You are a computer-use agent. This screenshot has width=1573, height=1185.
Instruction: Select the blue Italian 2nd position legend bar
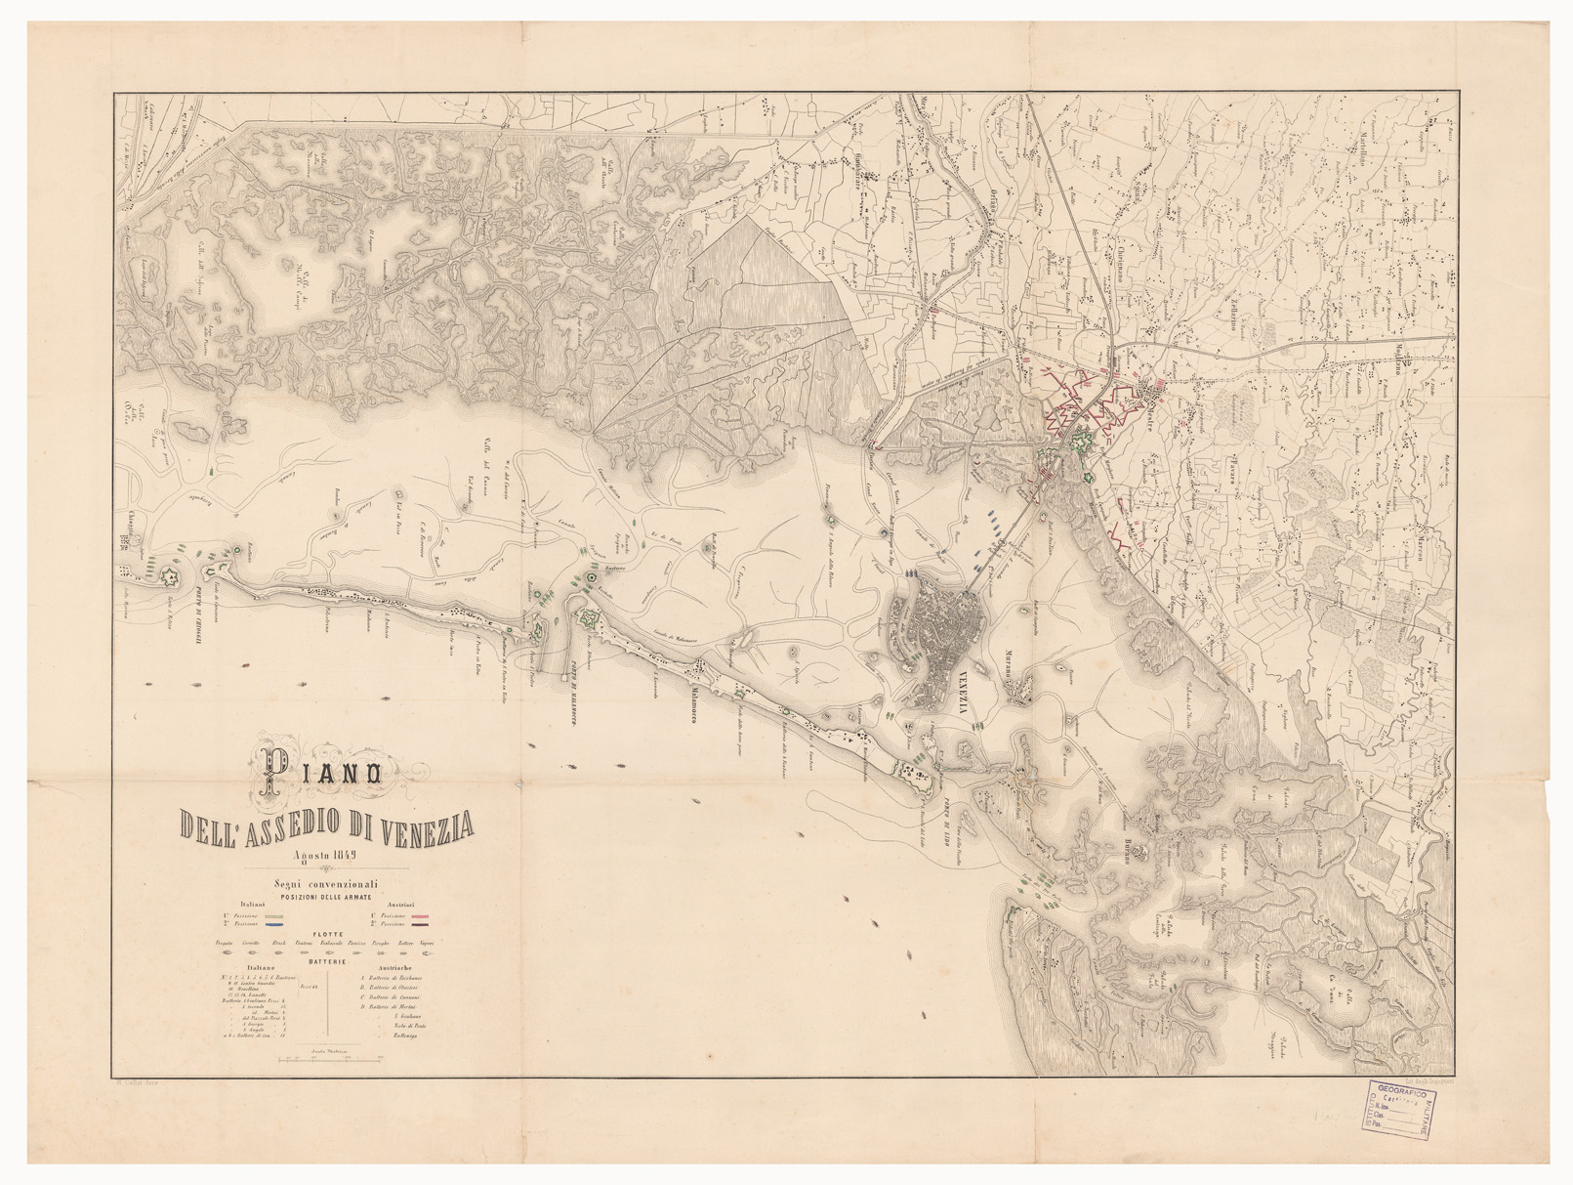point(276,923)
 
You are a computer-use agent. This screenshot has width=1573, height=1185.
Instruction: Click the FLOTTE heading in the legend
point(327,934)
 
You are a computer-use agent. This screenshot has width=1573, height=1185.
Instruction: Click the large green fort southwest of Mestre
point(1081,443)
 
